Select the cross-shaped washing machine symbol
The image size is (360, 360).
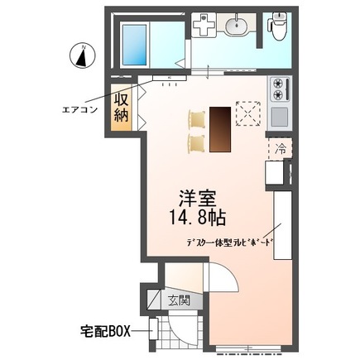(203, 26)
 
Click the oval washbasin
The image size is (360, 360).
(237, 26)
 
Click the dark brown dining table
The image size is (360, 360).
(219, 129)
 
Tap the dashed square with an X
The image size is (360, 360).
(248, 113)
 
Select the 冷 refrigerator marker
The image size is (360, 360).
(278, 150)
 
